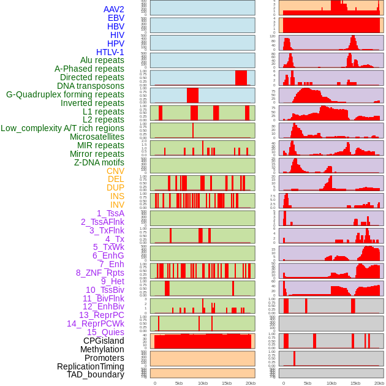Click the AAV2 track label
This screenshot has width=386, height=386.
coord(113,9)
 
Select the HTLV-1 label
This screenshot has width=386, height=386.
coord(110,52)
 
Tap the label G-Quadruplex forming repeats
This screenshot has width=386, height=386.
coord(65,94)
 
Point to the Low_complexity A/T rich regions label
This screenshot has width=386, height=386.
coord(62,128)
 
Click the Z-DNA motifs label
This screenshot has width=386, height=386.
coord(99,162)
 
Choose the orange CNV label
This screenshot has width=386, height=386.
coord(115,171)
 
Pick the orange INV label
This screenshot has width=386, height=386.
coord(116,205)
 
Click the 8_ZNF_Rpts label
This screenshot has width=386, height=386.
coord(100,273)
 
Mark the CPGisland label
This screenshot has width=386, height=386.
coord(104,341)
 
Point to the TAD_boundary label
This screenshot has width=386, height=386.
coord(95,374)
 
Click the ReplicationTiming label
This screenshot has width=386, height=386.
coord(90,366)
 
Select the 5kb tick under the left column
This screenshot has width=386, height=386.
coord(179,383)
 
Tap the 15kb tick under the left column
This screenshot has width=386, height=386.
coord(227,383)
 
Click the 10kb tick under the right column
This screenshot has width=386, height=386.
coord(331,383)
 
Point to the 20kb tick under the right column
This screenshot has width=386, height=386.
coord(379,383)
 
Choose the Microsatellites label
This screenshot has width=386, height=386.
coord(97,137)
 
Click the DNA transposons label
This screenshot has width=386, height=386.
coord(91,86)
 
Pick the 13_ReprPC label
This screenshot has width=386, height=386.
coord(101,315)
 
